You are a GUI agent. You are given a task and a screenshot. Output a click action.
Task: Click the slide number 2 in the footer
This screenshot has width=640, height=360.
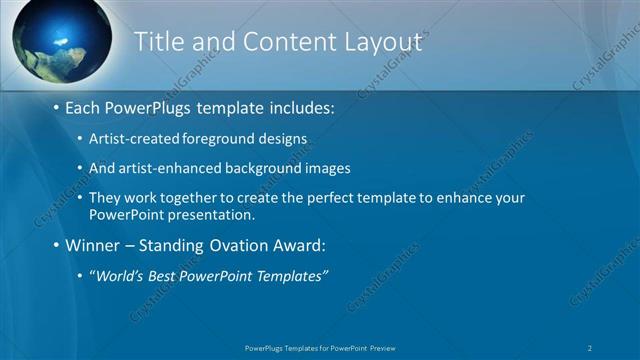pyautogui.click(x=590, y=347)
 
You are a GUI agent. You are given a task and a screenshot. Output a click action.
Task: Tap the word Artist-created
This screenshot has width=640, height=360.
pyautogui.click(x=130, y=137)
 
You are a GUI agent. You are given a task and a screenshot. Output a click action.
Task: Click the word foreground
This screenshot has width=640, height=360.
pyautogui.click(x=214, y=137)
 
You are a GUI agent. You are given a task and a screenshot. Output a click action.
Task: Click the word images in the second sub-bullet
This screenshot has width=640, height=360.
pyautogui.click(x=330, y=168)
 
